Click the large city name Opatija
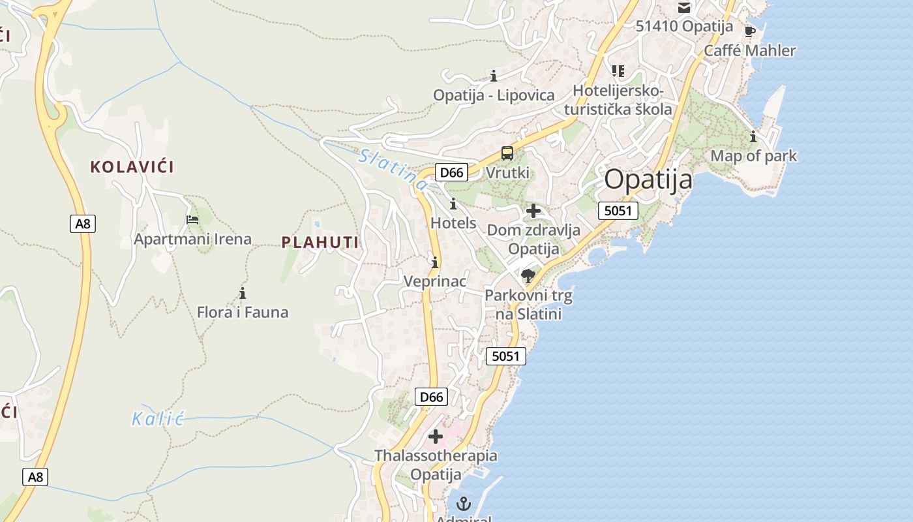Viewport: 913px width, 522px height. point(648,179)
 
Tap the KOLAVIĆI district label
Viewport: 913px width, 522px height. point(132,167)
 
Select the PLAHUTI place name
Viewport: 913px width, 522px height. point(320,243)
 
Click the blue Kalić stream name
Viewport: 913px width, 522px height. point(158,419)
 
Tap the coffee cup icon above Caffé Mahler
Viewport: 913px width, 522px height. point(750,31)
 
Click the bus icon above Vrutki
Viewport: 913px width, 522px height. point(507,154)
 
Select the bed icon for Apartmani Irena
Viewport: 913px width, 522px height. point(192,220)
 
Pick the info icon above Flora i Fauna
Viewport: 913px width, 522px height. point(243,293)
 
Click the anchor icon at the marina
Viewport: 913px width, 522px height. point(463,504)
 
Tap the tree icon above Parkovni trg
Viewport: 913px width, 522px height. point(528,276)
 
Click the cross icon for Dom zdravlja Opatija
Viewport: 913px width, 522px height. point(533,211)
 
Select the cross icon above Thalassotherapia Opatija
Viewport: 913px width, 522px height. point(436,437)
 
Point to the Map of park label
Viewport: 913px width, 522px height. point(754,156)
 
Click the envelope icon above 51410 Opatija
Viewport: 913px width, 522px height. point(684,8)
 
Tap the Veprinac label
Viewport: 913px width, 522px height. point(435,281)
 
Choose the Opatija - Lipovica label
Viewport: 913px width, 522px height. point(494,95)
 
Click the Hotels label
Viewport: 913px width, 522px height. point(453,223)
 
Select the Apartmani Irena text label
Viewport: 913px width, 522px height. point(192,239)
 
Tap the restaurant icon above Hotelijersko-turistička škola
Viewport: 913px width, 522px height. point(618,70)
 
